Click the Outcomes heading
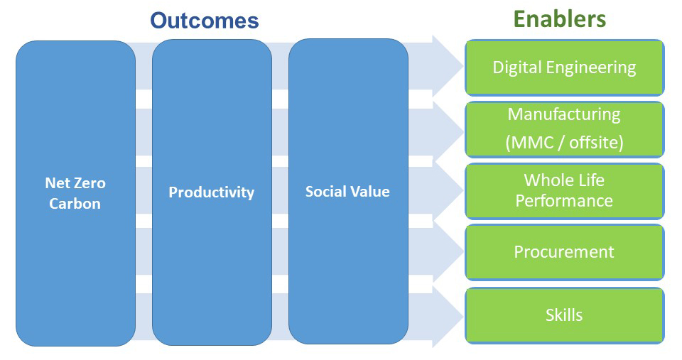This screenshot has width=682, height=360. [x=205, y=21]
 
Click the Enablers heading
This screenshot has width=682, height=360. [x=560, y=19]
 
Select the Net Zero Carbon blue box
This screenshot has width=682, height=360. [x=76, y=193]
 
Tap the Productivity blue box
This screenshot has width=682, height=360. [x=212, y=192]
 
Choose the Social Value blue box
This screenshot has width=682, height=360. [x=348, y=191]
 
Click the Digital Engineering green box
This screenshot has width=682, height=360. [x=565, y=67]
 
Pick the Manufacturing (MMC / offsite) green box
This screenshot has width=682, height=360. [x=565, y=129]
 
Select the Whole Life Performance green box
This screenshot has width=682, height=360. [x=565, y=191]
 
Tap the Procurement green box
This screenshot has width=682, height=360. [x=565, y=252]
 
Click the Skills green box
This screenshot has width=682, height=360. [x=565, y=315]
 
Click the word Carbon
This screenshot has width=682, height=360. [x=75, y=204]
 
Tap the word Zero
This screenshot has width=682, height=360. [x=90, y=183]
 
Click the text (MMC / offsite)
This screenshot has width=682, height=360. [x=565, y=143]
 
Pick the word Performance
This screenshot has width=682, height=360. [x=564, y=201]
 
